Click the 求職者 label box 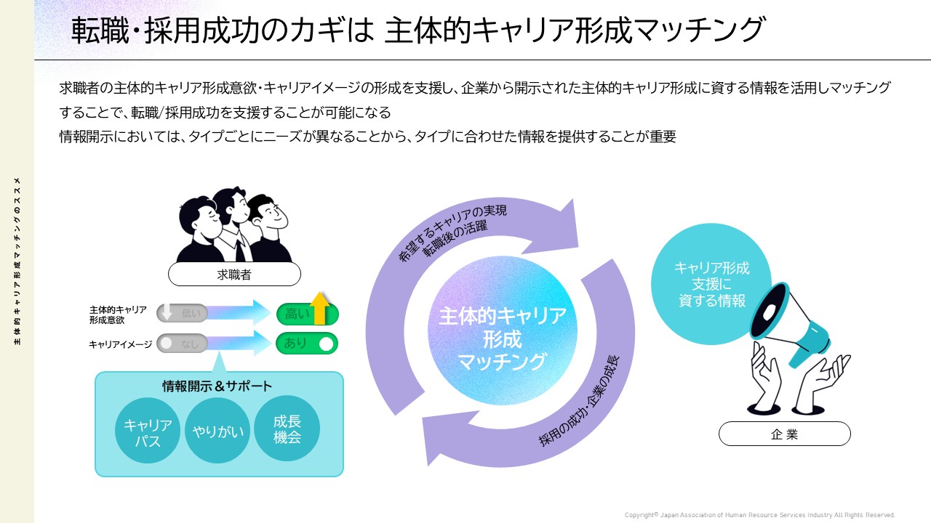234,274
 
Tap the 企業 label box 784,434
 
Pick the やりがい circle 218,431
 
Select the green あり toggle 306,344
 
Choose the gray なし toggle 183,344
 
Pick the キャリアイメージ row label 120,344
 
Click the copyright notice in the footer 759,514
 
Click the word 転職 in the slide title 95,31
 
